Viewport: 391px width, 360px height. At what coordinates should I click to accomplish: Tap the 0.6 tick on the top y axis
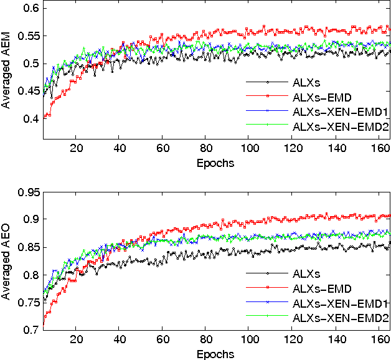31,8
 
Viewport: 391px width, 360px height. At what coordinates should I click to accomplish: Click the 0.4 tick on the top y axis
31,118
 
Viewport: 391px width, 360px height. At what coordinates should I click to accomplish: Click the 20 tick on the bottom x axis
76,340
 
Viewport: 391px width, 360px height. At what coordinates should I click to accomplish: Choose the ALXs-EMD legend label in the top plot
318,97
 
